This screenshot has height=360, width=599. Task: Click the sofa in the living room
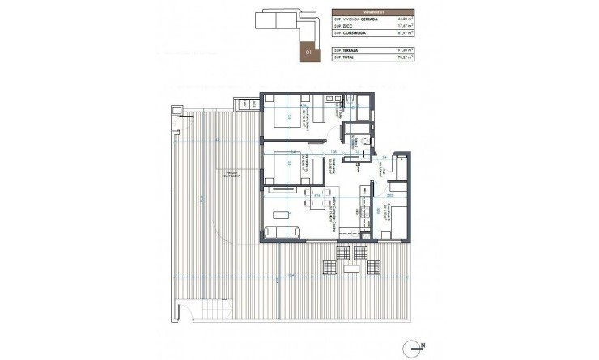pyautogui.click(x=280, y=232)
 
